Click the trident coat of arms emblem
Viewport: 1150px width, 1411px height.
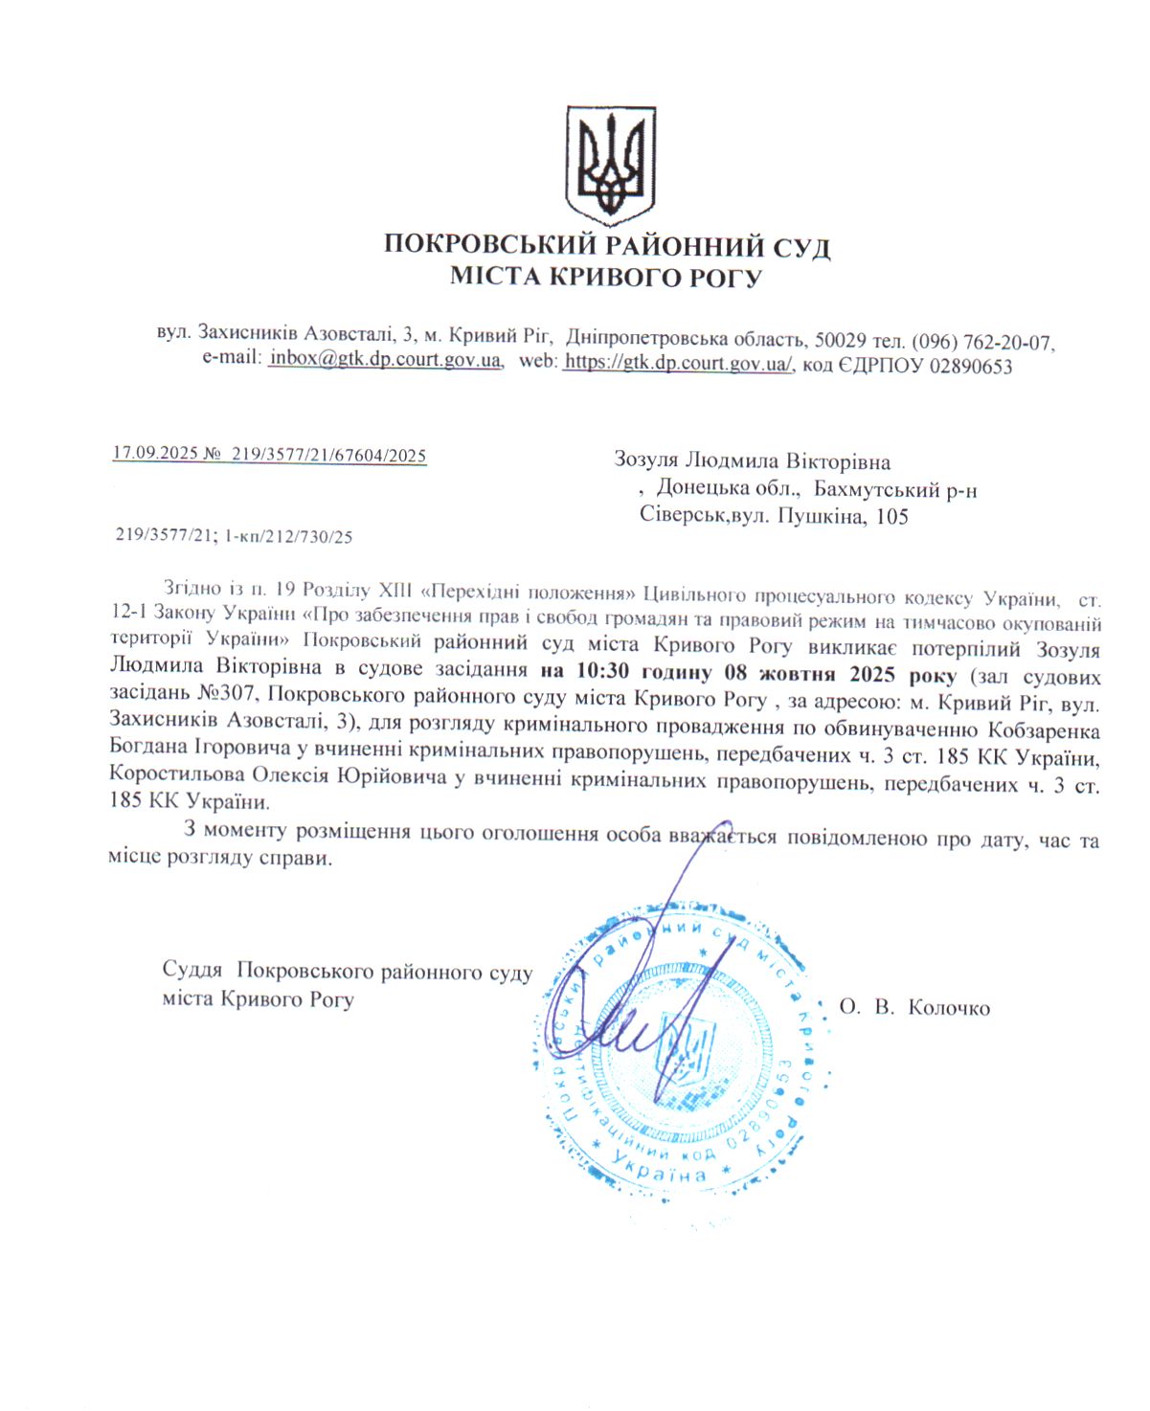[609, 165]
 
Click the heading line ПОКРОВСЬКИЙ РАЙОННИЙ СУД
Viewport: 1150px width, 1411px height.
[606, 246]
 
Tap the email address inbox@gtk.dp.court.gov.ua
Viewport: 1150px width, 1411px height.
[385, 360]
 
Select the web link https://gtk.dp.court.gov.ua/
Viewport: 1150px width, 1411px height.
[678, 364]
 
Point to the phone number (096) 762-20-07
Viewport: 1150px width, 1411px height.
[981, 340]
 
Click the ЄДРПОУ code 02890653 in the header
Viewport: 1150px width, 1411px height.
[968, 366]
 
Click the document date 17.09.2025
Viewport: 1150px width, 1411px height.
[154, 454]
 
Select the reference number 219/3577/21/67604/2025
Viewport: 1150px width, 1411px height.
[328, 456]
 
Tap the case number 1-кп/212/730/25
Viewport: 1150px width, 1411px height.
[288, 537]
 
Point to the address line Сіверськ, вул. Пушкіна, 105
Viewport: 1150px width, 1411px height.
[774, 517]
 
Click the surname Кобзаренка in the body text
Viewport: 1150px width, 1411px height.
[1042, 730]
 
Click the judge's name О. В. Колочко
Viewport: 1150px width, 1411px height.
[914, 1007]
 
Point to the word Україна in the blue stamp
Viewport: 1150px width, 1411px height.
[660, 1170]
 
